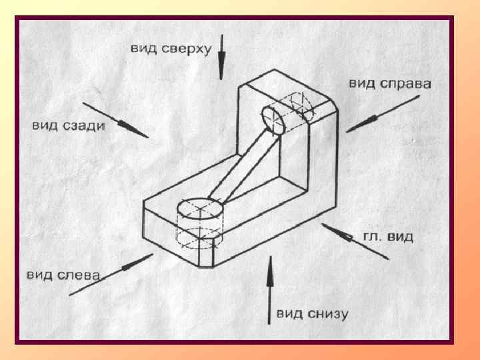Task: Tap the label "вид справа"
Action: point(390,83)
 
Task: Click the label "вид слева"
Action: point(63,275)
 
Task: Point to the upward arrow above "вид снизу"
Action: point(269,287)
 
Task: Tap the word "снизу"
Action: point(326,313)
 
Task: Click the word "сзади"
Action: point(83,126)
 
